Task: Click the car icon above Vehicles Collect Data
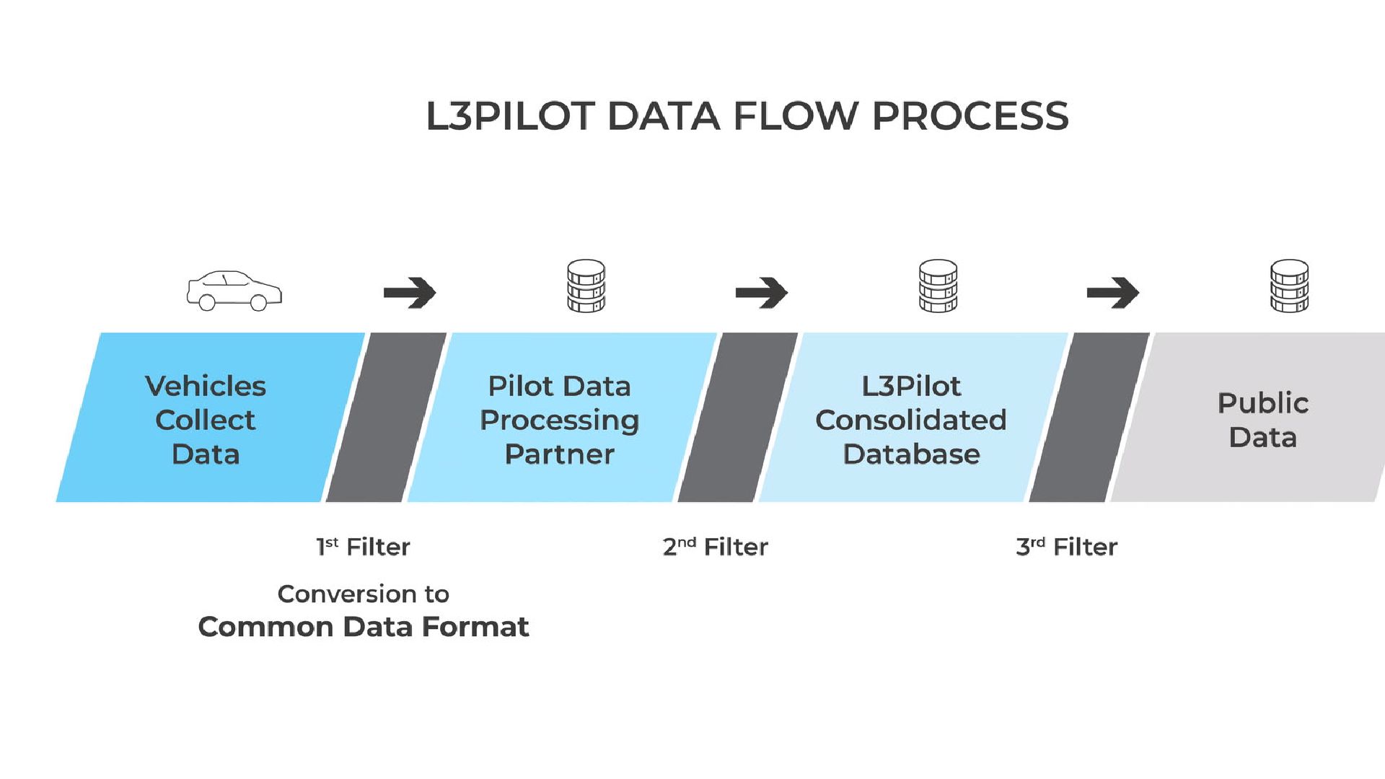234,291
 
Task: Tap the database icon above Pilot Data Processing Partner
586,286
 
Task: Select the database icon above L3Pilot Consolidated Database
938,286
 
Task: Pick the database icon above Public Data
1289,286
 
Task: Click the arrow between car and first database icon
410,292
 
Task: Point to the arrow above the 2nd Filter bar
762,292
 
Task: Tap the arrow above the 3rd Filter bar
1113,292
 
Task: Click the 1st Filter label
363,547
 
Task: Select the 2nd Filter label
715,547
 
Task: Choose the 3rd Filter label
1066,547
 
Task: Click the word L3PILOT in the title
510,116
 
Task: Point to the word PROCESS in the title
970,116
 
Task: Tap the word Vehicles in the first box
206,386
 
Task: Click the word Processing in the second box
559,421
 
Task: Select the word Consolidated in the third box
911,420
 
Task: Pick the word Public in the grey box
1263,403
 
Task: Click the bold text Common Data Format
364,627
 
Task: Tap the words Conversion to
364,594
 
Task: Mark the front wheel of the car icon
258,303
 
